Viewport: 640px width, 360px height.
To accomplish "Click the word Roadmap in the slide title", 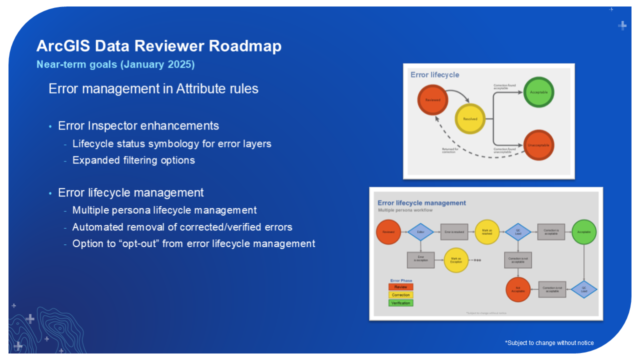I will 245,46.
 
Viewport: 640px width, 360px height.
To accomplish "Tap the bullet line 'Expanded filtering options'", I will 133,160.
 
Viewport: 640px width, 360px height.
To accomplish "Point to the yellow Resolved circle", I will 470,119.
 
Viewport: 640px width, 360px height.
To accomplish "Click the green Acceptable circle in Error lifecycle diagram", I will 538,92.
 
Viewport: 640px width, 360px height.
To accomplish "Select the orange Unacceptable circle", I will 538,145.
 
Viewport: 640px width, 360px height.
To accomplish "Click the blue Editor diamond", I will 420,232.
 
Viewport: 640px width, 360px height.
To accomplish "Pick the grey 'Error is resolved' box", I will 454,232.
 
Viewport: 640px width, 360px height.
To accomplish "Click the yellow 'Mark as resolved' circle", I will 487,232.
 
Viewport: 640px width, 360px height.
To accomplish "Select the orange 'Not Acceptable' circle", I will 518,289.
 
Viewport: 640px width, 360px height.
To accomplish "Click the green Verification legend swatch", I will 401,303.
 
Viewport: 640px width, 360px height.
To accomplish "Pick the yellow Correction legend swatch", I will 401,295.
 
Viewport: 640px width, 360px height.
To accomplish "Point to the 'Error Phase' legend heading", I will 401,280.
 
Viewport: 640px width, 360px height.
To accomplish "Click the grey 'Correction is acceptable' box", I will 551,232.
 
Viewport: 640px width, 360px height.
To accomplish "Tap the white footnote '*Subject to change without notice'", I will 549,343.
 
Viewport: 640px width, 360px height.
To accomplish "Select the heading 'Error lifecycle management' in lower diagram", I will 421,203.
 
